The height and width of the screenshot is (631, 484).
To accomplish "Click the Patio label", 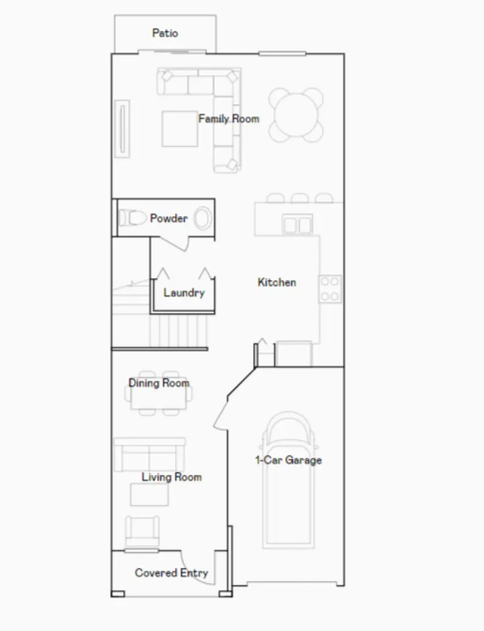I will pos(165,33).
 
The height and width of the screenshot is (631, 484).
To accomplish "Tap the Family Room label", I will pos(229,119).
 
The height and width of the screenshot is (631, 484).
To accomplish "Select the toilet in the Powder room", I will pos(131,218).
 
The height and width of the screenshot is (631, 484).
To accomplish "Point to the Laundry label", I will pos(184,293).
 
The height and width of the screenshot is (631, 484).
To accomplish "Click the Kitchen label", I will pos(277,282).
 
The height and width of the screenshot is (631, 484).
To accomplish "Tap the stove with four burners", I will pos(330,289).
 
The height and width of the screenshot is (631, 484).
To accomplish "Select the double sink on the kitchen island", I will pos(298,224).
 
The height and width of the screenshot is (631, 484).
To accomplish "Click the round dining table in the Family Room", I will pos(296,114).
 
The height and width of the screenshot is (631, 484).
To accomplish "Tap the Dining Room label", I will pos(159,383).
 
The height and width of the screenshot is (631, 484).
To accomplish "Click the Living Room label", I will pos(172,477).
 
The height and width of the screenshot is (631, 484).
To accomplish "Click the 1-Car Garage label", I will pos(288,460).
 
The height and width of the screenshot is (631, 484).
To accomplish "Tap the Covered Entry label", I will pos(171,572).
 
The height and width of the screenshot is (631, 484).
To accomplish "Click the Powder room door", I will pos(183,243).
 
